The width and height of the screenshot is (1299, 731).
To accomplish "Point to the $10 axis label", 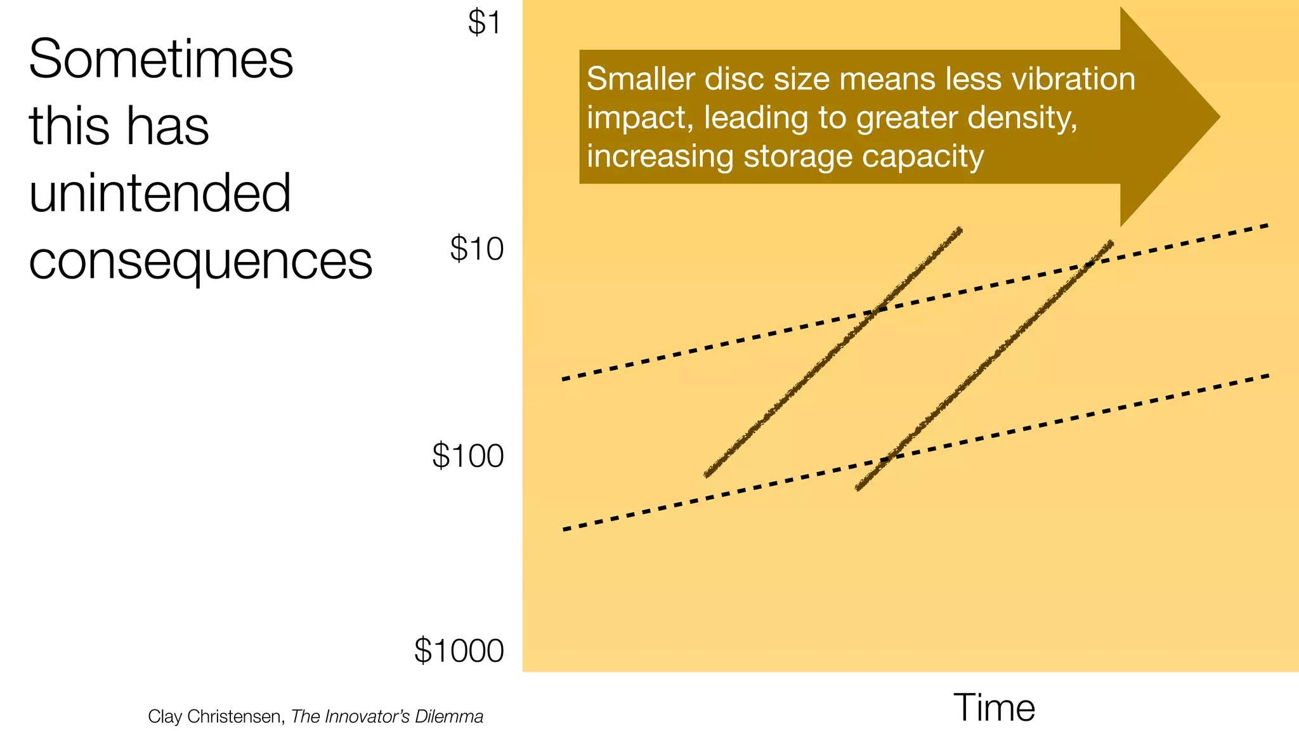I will pos(476,249).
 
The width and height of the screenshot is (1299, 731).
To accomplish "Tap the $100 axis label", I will pos(467,456).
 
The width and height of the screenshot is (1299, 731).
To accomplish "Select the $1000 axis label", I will pos(459,651).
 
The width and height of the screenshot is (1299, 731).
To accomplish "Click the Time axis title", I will pos(993,708).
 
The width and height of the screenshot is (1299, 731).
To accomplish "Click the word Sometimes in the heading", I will pos(161,59).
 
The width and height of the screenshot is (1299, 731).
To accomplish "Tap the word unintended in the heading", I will pos(160,193).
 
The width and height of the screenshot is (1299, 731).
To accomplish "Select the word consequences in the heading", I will pos(200,261).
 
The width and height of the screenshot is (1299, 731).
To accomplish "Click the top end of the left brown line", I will pos(960,230).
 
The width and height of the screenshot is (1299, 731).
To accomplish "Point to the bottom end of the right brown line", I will pos(858,489).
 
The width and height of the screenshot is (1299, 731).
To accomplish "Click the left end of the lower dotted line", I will pos(565,529).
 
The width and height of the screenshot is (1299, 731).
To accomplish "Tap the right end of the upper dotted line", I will pos(1267,225).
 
